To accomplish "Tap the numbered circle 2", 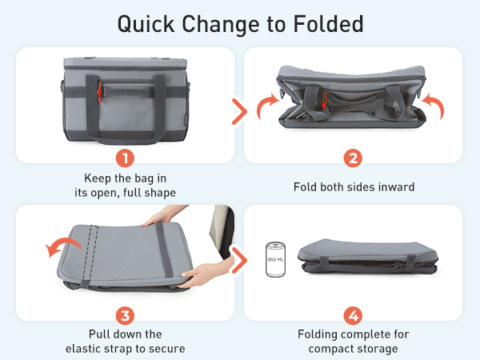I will [353, 158].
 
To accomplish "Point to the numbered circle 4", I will [353, 314].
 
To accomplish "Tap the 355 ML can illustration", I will [274, 258].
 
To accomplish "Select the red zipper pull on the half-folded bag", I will [324, 102].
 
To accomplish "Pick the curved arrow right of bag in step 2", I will [434, 106].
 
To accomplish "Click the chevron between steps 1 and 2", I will [238, 112].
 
